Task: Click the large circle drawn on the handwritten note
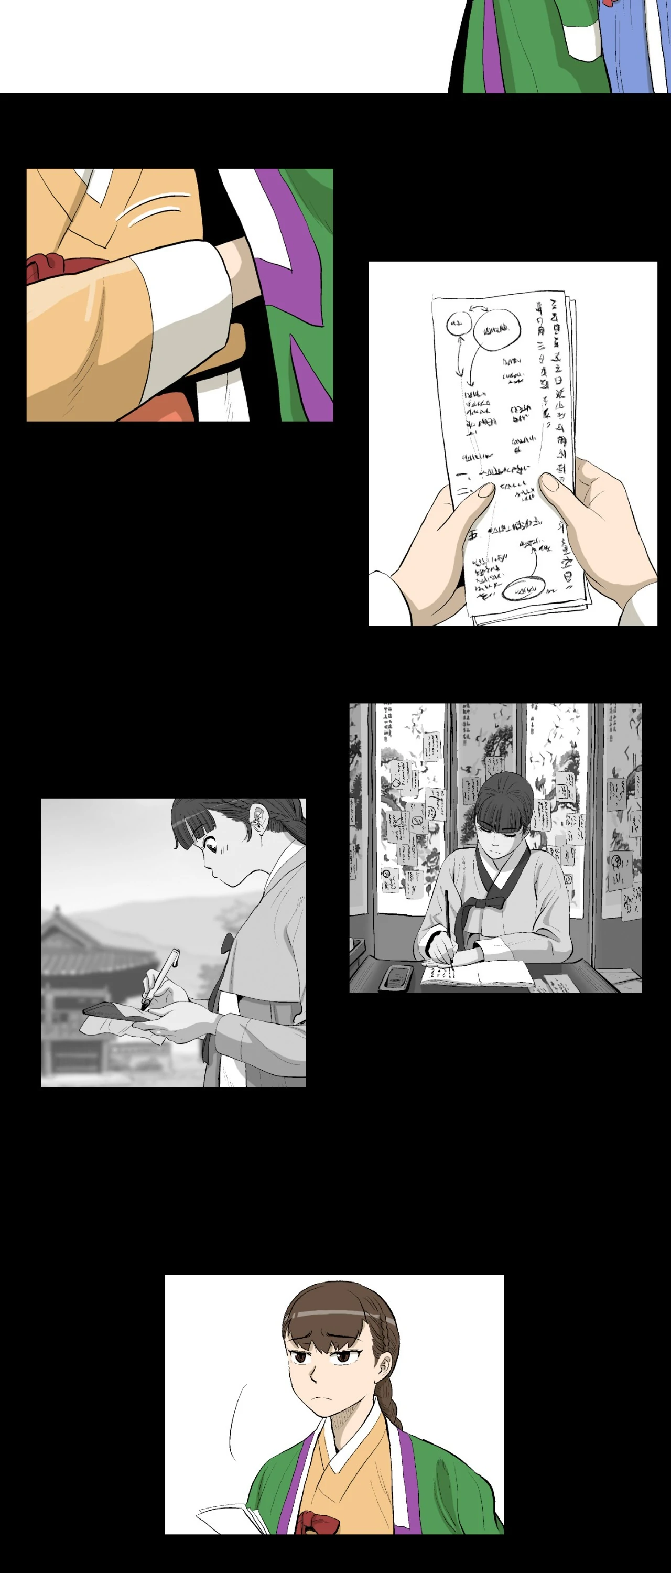tap(497, 330)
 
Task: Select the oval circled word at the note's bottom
tap(523, 590)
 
